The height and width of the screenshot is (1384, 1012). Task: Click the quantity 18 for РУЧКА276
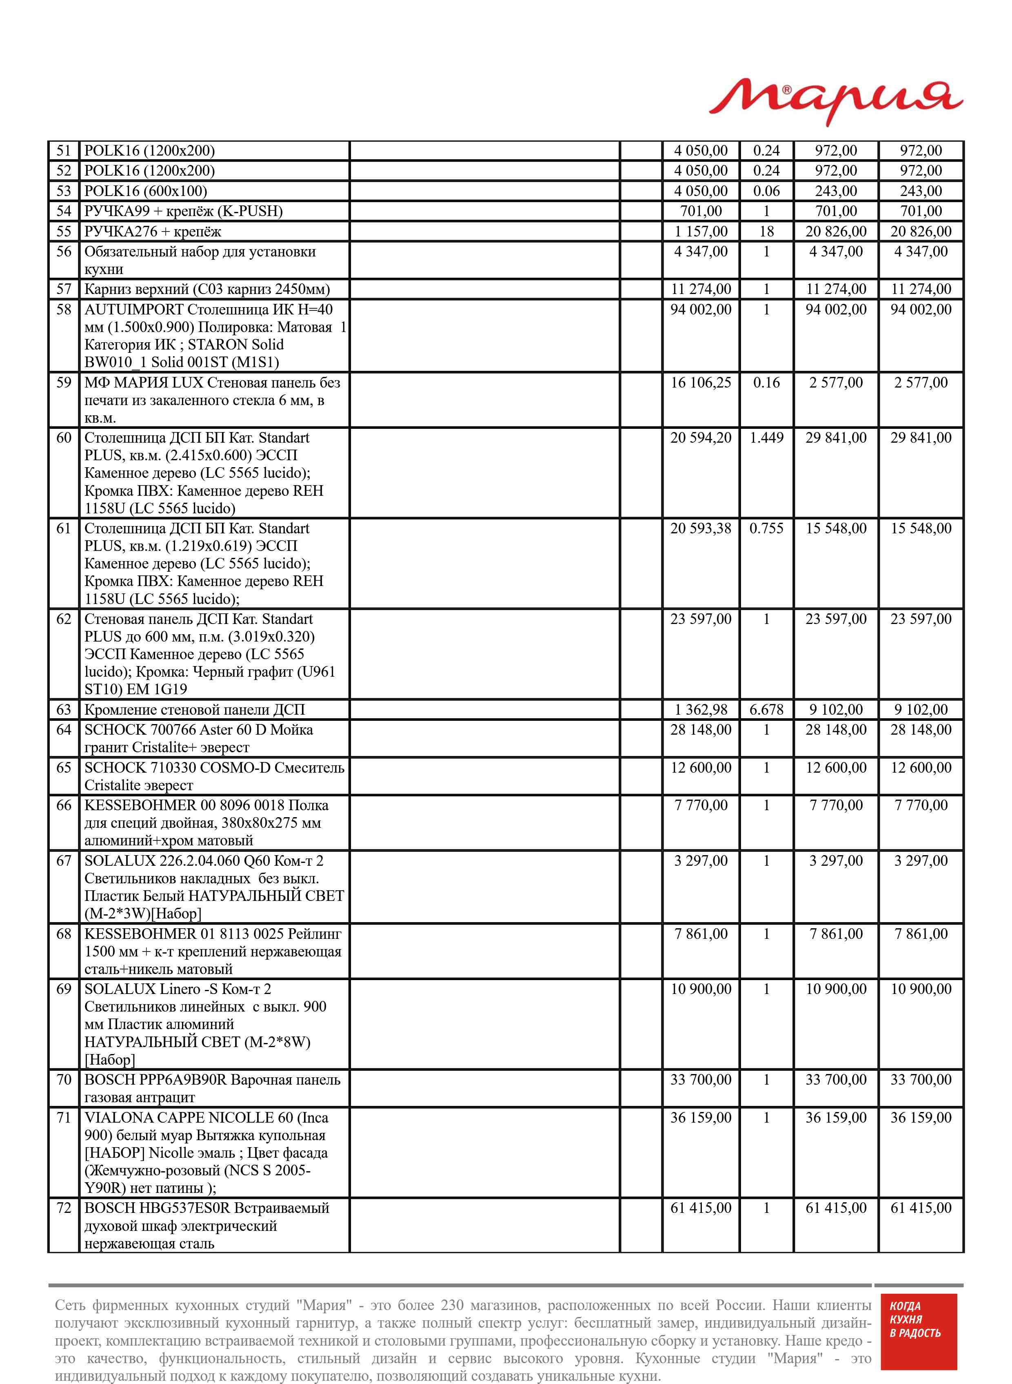pos(766,231)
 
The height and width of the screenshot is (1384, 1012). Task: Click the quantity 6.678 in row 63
pos(766,709)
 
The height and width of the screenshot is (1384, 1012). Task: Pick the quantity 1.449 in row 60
pos(766,438)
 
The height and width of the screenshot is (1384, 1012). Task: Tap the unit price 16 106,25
pos(701,383)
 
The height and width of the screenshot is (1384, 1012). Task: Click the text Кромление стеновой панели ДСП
pos(194,709)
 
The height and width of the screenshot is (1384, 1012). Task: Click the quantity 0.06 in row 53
pos(766,191)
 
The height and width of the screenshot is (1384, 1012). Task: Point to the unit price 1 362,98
pos(701,709)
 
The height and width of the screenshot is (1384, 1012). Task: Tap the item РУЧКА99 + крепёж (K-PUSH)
pos(183,211)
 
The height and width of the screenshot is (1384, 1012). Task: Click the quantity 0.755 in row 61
pos(766,528)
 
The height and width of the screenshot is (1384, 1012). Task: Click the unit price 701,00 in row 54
pos(701,211)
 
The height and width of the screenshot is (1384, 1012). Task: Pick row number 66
pos(64,805)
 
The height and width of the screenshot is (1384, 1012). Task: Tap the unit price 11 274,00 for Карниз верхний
pos(701,289)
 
